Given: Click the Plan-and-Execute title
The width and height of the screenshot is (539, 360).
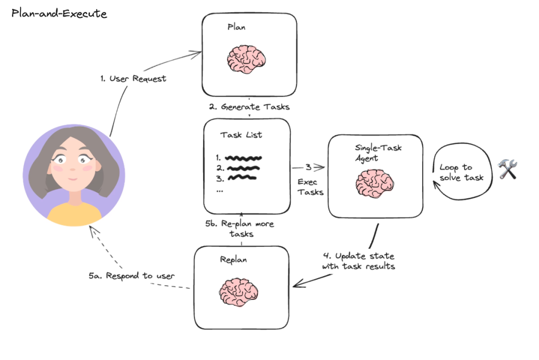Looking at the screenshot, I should click(x=59, y=13).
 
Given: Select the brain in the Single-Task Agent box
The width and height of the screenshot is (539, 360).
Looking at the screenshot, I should click(x=375, y=184).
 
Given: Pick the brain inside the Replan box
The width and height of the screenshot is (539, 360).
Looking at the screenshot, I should click(x=239, y=292).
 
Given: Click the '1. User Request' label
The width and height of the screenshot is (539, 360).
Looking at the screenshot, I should click(x=132, y=78).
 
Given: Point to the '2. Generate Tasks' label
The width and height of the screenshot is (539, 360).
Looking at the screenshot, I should click(x=249, y=107).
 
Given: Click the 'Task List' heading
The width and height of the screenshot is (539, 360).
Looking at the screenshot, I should click(x=241, y=135).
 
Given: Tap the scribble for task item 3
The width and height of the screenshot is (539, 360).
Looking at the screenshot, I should click(x=242, y=177).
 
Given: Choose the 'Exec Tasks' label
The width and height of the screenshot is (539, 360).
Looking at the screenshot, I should click(x=310, y=186).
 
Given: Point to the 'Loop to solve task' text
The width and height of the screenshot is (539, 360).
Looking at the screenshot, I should click(x=462, y=173).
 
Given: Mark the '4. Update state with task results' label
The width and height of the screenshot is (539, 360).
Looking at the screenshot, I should click(x=358, y=261).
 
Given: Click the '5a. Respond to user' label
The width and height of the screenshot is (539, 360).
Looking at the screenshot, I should click(x=132, y=276).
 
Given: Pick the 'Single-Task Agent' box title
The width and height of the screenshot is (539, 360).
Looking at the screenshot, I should click(x=378, y=153).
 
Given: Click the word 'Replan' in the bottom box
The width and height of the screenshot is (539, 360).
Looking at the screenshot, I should click(x=233, y=260).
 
